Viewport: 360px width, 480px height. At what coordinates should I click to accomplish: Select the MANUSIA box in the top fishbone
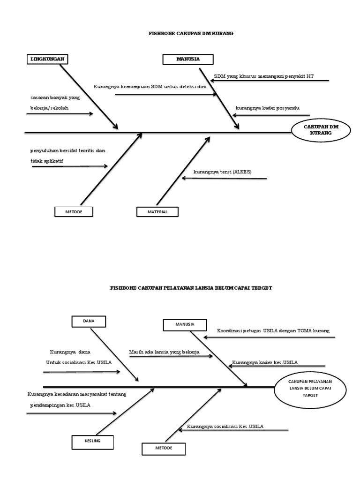188,59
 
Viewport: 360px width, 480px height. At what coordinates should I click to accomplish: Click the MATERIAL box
157,212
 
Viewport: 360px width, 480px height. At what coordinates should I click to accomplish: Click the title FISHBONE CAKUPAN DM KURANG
191,33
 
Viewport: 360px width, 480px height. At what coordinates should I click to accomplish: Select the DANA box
89,321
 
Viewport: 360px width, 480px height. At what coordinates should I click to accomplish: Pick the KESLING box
92,442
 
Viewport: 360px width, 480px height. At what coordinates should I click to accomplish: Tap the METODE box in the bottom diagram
164,449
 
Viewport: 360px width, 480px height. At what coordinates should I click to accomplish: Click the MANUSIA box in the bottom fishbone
185,324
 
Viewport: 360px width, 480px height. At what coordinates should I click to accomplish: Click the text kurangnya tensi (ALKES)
223,172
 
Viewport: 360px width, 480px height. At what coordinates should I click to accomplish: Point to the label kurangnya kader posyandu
267,108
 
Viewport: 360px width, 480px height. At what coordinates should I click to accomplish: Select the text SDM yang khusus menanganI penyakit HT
264,76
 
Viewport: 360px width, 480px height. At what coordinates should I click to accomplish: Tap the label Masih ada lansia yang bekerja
165,351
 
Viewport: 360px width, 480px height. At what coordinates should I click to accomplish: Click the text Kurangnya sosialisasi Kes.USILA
225,426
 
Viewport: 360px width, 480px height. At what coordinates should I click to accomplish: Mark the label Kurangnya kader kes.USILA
265,362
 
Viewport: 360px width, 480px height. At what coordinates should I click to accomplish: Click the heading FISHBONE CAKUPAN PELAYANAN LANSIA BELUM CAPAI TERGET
191,288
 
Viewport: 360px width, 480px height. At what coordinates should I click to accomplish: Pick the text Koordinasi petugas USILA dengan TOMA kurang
273,330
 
